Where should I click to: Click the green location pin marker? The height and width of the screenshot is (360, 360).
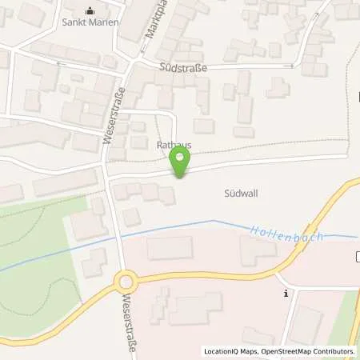[181, 163]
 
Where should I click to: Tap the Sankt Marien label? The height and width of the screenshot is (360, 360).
[90, 22]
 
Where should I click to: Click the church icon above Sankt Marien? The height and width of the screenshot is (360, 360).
[90, 10]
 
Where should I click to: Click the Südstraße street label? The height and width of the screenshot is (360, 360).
[183, 69]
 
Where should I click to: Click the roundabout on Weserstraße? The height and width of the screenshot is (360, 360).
[125, 282]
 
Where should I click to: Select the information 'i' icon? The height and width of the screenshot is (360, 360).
[286, 294]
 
